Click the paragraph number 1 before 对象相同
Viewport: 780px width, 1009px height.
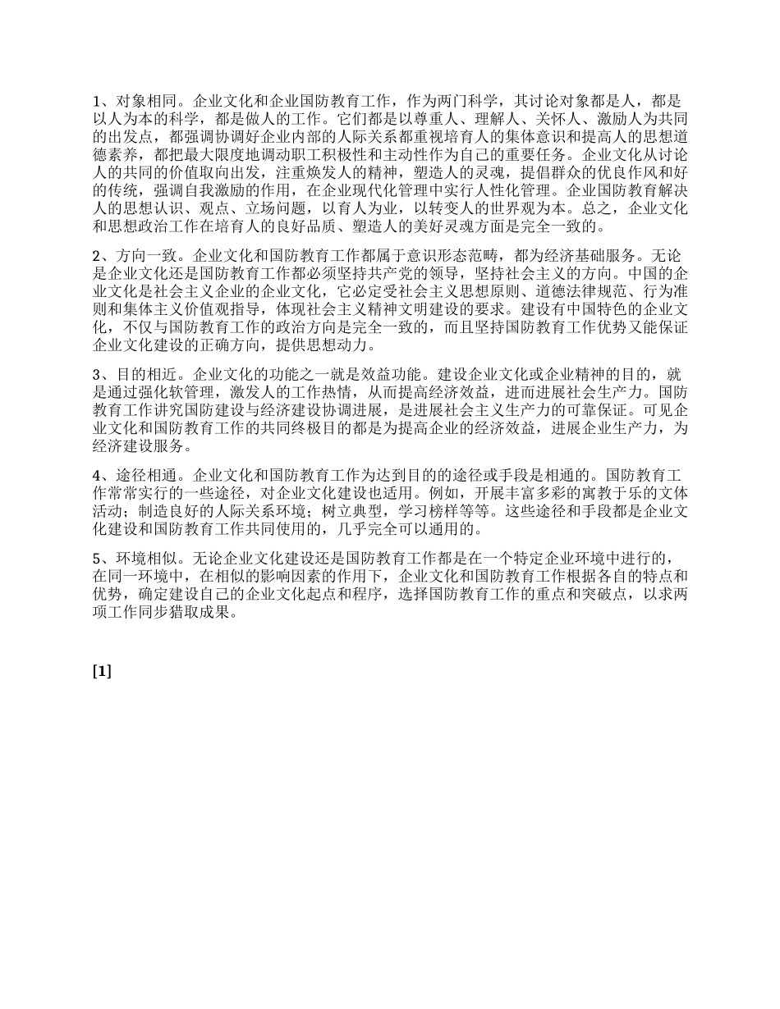(97, 101)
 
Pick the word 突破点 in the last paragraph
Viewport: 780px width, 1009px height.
(585, 595)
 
